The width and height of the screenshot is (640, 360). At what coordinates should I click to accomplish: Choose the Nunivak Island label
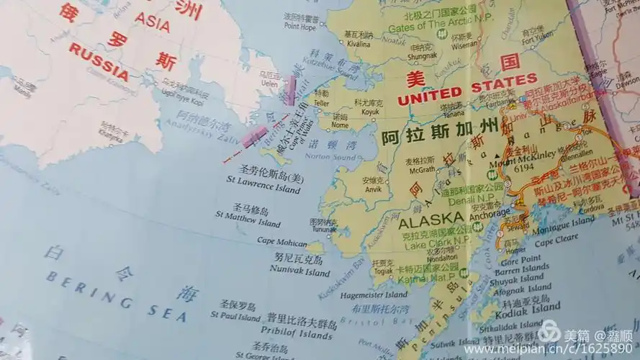(299, 272)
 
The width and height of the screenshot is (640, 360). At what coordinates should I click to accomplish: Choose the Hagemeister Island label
(374, 294)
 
